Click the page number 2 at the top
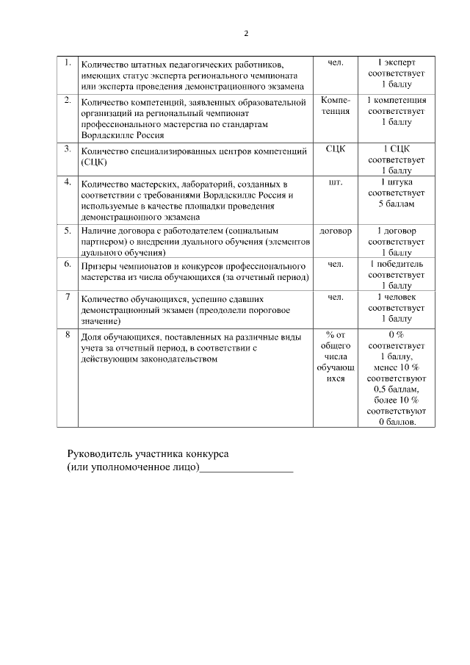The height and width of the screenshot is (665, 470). (x=246, y=34)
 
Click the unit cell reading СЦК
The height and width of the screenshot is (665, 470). (x=335, y=148)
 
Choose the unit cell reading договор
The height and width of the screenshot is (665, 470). (x=335, y=231)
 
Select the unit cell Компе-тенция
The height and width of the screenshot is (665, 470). (x=335, y=105)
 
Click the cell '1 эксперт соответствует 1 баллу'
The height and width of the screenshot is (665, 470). (x=396, y=74)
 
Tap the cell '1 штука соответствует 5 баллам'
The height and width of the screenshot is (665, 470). (x=396, y=193)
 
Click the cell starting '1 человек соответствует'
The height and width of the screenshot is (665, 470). (x=396, y=308)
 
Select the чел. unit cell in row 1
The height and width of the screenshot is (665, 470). (x=335, y=62)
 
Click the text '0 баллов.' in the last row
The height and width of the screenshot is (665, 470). (x=396, y=422)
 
